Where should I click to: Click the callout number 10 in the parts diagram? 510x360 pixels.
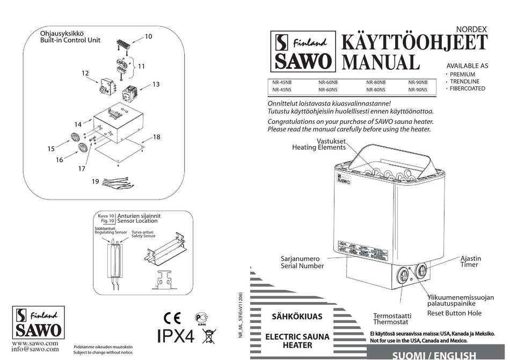(x=149, y=36)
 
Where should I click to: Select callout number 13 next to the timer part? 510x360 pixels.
(x=156, y=84)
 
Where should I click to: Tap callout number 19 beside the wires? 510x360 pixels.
(x=95, y=182)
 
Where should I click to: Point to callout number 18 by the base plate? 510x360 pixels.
(x=156, y=137)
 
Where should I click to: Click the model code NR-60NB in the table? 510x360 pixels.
(x=327, y=83)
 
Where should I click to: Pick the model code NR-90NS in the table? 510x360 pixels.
(x=418, y=90)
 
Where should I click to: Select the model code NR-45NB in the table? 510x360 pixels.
(x=282, y=83)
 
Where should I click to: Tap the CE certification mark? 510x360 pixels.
(x=173, y=318)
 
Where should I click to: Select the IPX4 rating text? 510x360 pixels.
(x=175, y=336)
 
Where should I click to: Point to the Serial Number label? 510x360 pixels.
(x=302, y=266)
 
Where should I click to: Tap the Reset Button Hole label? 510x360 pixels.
(x=454, y=313)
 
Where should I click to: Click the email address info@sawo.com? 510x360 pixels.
(x=35, y=349)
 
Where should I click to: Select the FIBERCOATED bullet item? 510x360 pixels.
(x=467, y=89)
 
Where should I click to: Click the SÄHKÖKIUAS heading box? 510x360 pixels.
(x=297, y=317)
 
